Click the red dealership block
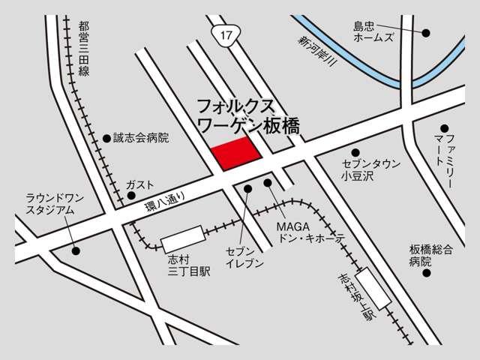pos(235,153)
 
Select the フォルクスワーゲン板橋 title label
pos(247,115)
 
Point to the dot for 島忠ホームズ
pos(426,33)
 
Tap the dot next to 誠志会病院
pos(106,138)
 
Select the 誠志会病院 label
pos(141,138)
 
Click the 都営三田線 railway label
pos(83,49)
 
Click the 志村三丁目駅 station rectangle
pos(182,239)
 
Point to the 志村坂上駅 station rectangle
pos(373,289)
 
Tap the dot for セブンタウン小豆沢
pos(355,152)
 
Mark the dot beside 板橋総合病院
pos(426,273)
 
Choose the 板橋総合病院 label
pos(430,255)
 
